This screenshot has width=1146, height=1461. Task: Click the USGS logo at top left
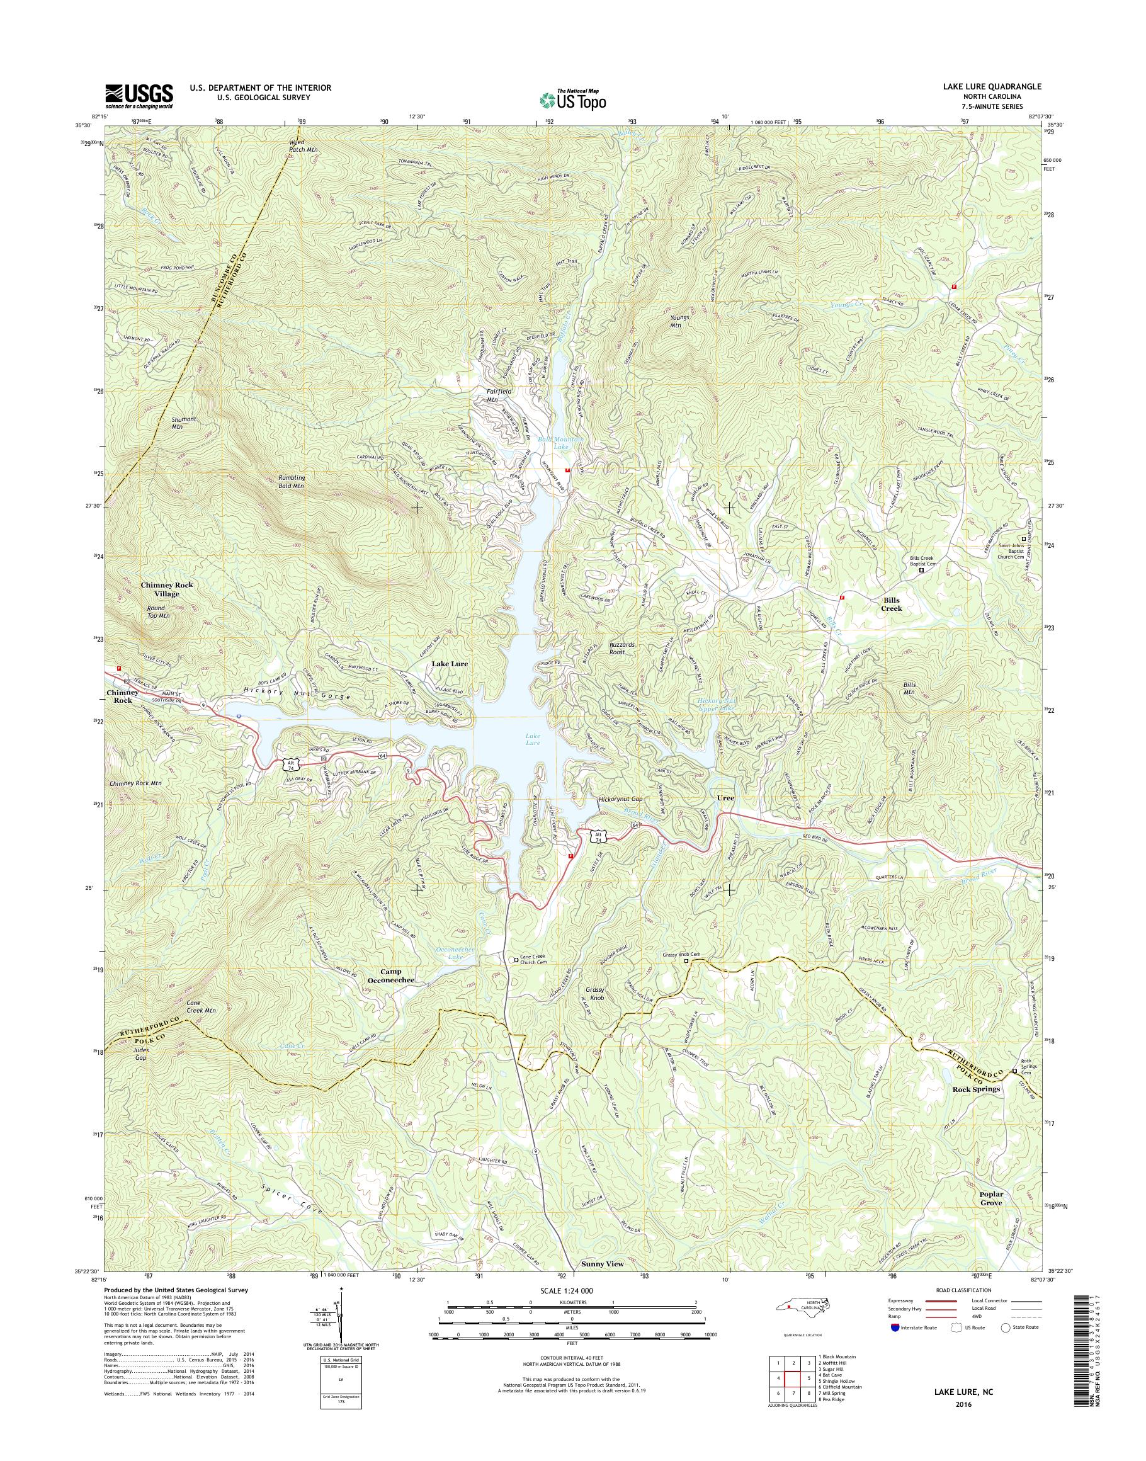point(139,96)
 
